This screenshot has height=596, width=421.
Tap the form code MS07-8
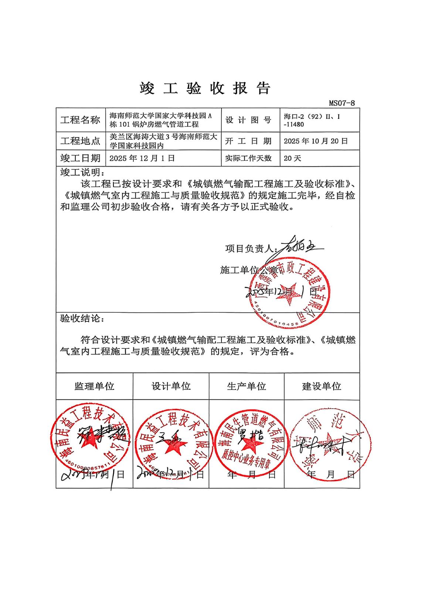(342, 103)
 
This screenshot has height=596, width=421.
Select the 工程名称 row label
(80, 120)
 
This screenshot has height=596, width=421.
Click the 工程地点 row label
(80, 141)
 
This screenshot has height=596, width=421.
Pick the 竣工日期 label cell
(80, 158)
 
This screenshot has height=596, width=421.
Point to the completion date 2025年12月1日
(142, 158)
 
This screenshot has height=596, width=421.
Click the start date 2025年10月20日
(316, 141)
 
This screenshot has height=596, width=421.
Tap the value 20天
(292, 158)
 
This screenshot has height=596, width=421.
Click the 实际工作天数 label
(248, 158)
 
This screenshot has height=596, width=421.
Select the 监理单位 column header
(94, 386)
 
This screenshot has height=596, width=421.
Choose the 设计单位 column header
(171, 386)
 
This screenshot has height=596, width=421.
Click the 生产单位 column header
(247, 386)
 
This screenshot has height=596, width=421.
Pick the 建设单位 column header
(322, 386)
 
